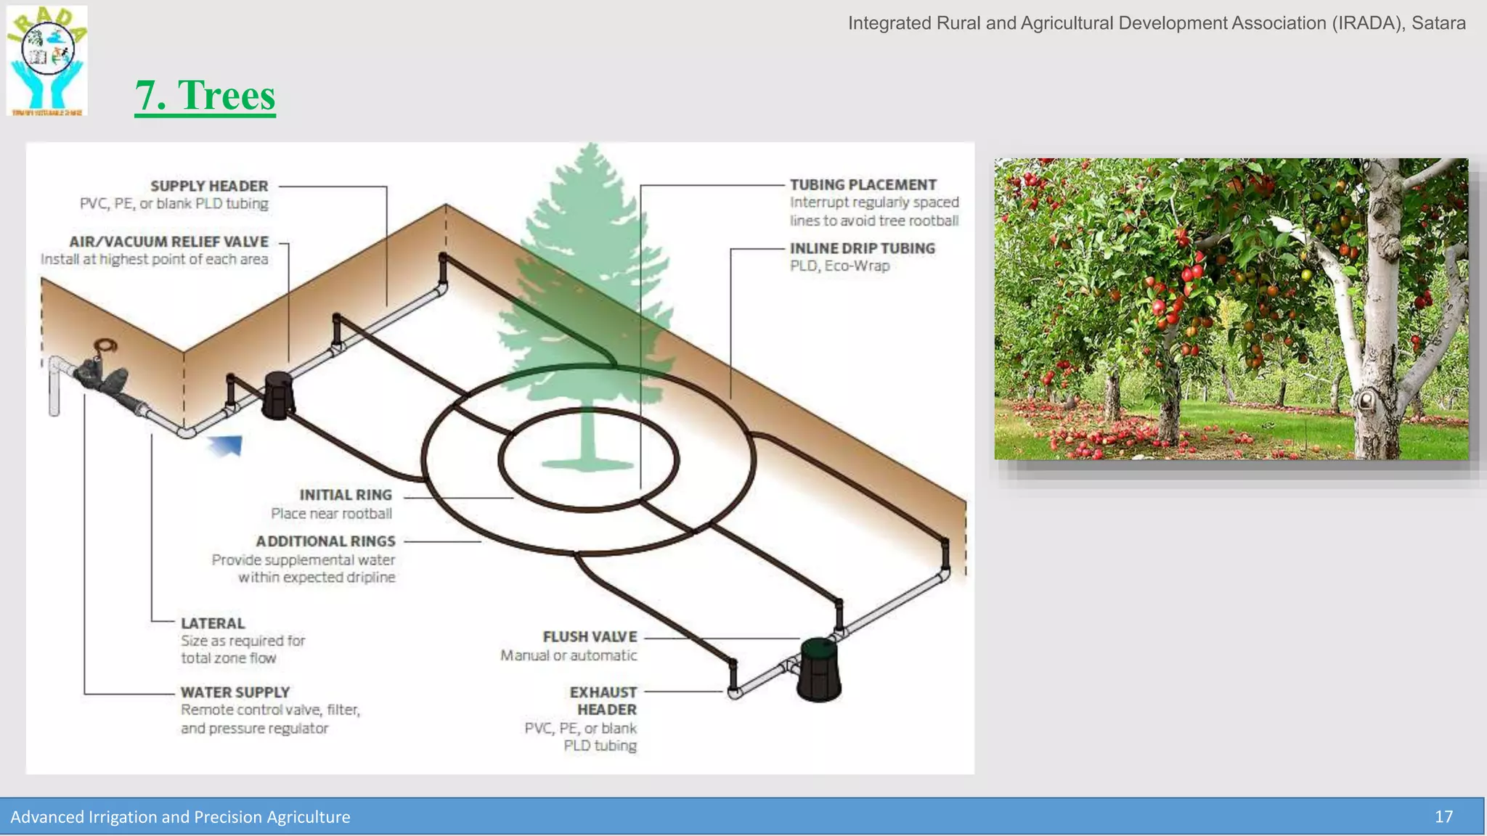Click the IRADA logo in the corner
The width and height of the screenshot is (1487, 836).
coord(47,61)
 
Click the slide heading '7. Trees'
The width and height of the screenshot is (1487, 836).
coord(205,95)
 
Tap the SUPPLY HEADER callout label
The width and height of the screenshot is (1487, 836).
coord(209,186)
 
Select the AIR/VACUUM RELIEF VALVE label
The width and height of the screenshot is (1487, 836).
coord(168,242)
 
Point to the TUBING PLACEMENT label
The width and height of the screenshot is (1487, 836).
coord(863,185)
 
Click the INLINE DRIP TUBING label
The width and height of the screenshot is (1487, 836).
coord(862,248)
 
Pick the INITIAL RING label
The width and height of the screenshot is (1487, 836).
coord(346,495)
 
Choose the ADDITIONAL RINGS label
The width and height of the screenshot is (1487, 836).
coord(325,541)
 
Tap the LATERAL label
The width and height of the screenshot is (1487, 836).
coord(213,623)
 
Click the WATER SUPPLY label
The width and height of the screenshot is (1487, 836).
coord(235,692)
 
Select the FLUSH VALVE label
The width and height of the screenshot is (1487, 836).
coord(590,636)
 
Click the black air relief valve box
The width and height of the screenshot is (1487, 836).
coord(277,396)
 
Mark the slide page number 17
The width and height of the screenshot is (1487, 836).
coord(1443,817)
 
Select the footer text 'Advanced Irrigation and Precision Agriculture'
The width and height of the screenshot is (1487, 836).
coord(180,817)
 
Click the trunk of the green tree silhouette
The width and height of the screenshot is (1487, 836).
coord(588,435)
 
